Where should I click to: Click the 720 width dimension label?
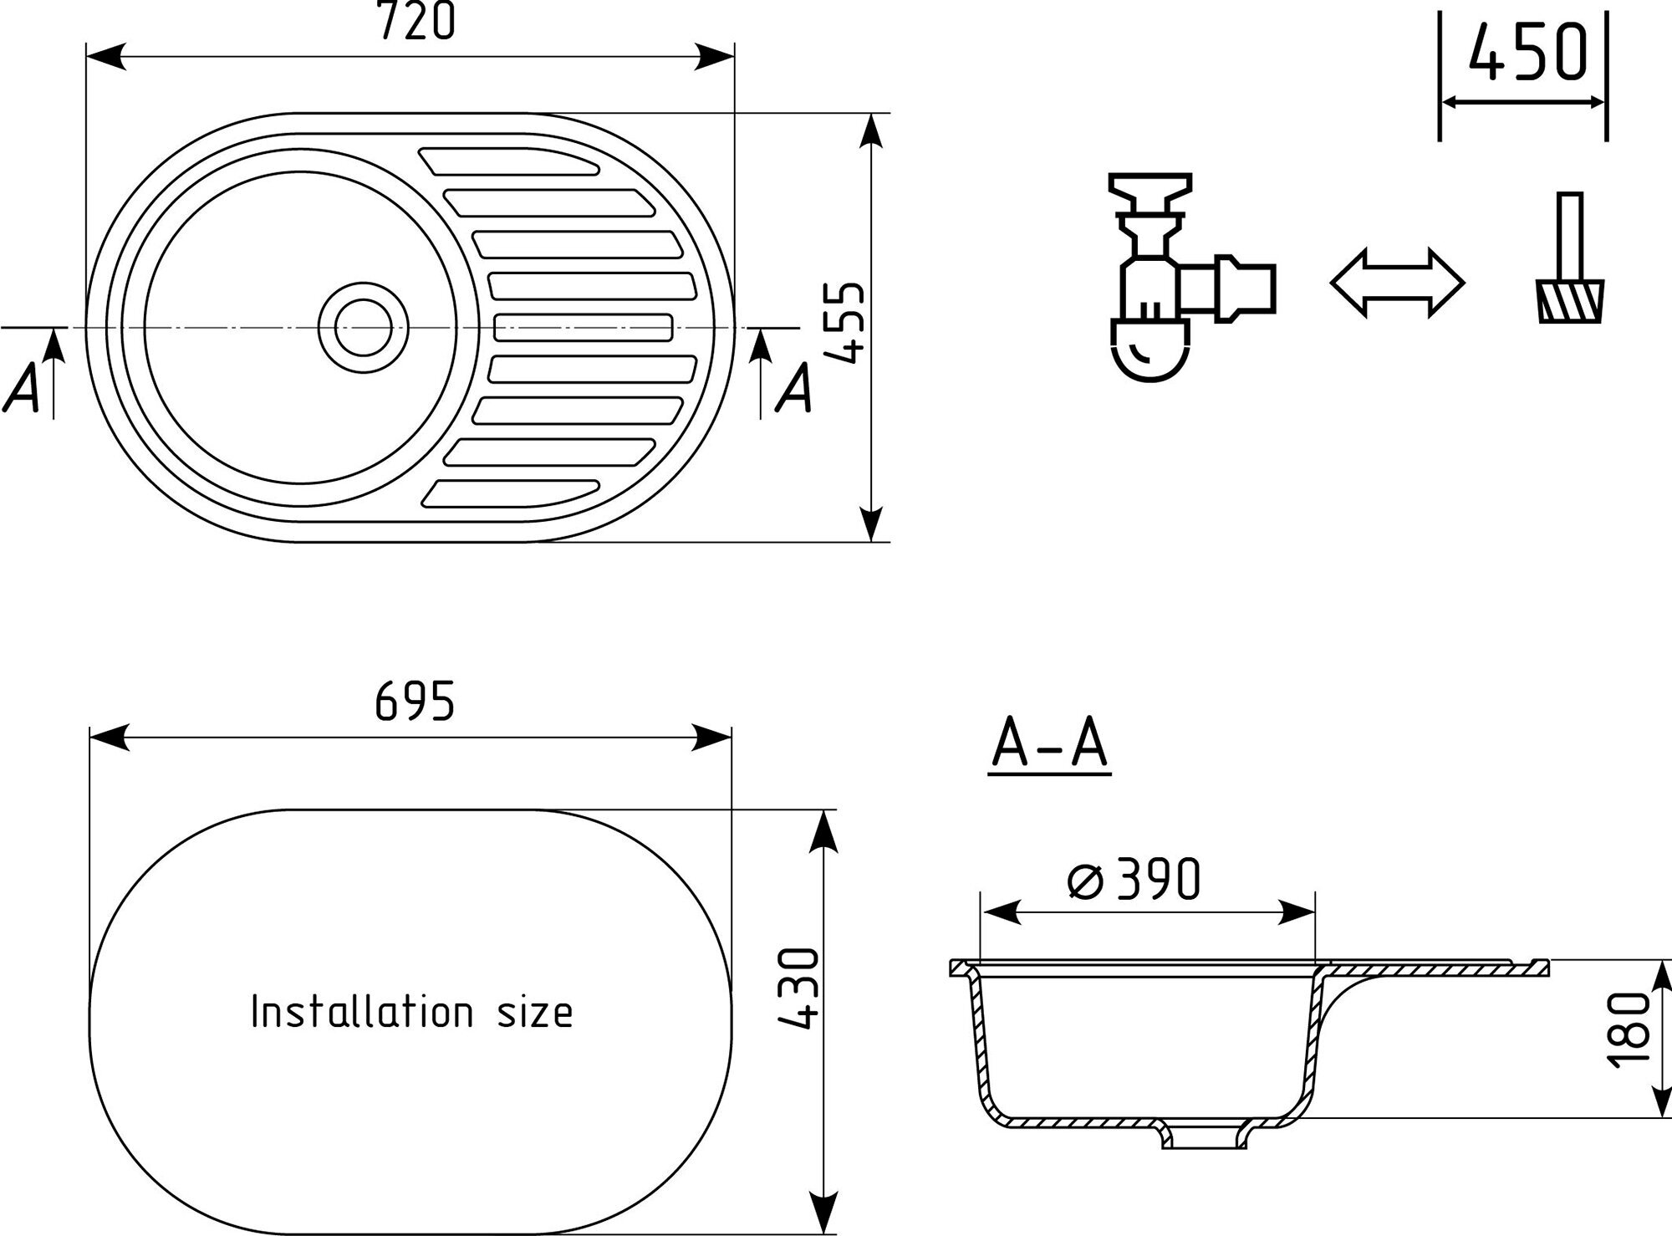point(416,23)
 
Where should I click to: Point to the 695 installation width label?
point(415,701)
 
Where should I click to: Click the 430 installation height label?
point(797,988)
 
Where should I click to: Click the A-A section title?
point(1049,744)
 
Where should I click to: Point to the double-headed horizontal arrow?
point(1397,283)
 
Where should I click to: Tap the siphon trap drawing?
point(1179,276)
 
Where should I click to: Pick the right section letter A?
point(793,389)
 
